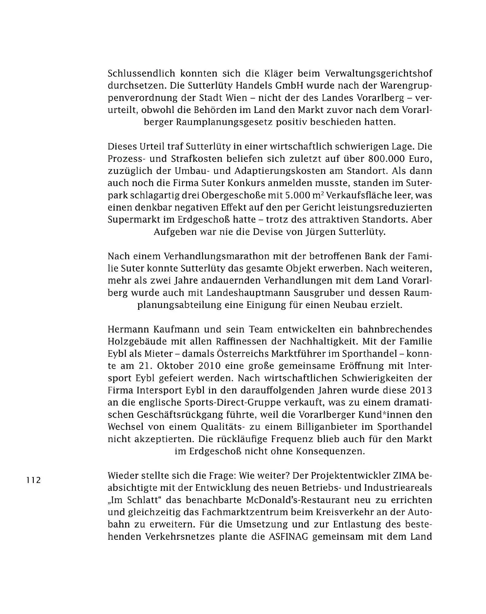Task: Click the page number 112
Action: (x=33, y=480)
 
